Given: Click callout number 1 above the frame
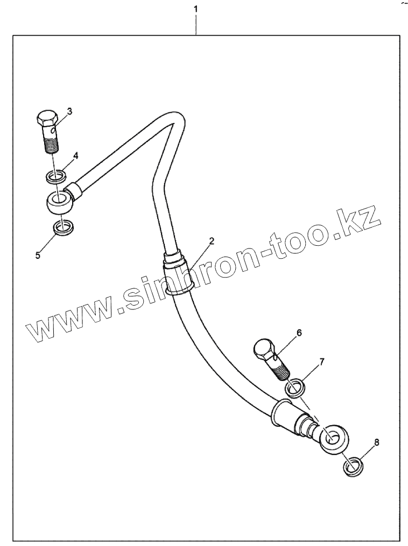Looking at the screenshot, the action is (196, 10).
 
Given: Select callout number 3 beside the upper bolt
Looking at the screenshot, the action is (69, 112).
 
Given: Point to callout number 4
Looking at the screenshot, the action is (75, 156).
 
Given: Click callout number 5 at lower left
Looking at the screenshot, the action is (38, 255).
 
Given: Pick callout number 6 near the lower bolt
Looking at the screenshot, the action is (299, 333).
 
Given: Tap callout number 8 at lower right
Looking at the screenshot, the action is (376, 443).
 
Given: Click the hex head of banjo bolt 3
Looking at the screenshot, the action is (47, 119).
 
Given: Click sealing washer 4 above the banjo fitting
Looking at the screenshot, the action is (54, 175).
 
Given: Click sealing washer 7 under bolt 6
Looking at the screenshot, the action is (295, 388).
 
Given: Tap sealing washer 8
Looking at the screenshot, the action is (353, 465).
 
